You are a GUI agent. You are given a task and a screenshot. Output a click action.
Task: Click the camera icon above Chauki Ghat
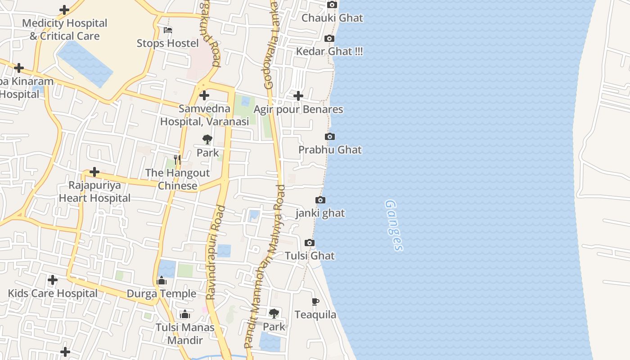pos(332,5)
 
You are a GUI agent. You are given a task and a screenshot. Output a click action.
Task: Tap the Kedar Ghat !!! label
pos(329,51)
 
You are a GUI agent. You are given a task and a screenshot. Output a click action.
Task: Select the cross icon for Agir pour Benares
pos(298,96)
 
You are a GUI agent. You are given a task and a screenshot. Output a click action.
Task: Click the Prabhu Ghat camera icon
pos(330,137)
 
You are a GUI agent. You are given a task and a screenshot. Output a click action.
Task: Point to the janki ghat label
pos(320,213)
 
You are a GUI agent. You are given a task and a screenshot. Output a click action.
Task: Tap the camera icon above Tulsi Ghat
pos(310,243)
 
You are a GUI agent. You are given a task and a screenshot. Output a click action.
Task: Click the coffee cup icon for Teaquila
pos(315,301)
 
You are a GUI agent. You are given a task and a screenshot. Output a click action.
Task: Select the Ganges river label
pos(394,225)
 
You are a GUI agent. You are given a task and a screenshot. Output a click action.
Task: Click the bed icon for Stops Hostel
pos(168,30)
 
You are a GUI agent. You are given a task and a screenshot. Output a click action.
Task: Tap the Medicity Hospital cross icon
pos(64,10)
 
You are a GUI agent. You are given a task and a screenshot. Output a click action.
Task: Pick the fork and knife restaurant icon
pos(177,160)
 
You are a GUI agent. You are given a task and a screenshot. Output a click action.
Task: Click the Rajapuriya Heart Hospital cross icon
pos(94,172)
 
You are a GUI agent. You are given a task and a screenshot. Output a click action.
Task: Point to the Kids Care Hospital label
pos(53,294)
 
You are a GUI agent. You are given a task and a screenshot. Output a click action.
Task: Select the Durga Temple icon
pos(162,281)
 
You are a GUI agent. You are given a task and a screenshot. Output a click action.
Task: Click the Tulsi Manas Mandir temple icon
pos(185,315)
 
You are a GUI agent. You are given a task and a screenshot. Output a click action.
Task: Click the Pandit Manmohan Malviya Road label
pos(265,265)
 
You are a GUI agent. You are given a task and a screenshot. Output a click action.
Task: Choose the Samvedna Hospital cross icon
pos(204,95)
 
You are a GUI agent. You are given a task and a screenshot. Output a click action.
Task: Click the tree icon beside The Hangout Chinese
pos(207,139)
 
